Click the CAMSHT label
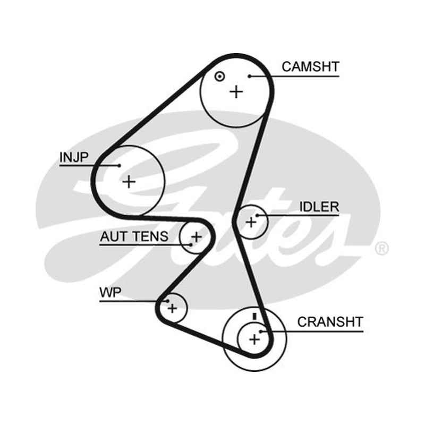pos(310,67)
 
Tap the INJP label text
pos(74,157)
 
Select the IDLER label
pos(319,207)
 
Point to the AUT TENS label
pos(134,236)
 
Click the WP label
pos(110,293)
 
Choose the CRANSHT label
pos(330,322)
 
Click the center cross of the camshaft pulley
pos(236,92)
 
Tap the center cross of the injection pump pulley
pos(129,182)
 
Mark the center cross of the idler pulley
pos(251,222)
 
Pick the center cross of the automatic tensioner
pos(196,237)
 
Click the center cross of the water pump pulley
pos(172,308)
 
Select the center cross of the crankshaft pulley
pos(254,339)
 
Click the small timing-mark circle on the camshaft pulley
pos(219,76)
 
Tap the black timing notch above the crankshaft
pos(254,316)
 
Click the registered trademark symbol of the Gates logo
pos(381,248)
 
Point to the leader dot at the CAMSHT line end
pos(249,76)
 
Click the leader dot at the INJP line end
pos(119,165)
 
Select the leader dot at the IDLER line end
pos(257,216)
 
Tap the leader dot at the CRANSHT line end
pos(260,331)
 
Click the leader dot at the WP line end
pos(167,301)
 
